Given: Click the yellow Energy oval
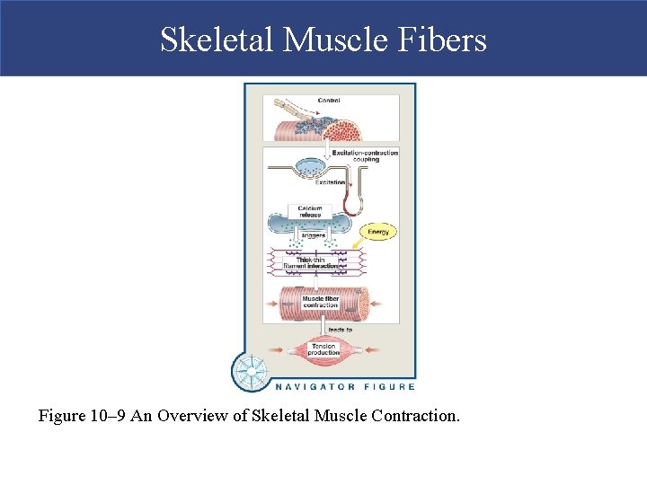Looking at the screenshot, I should coord(379,232).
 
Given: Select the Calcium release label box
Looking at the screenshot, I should coord(310,212).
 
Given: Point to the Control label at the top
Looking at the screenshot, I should coord(329,101).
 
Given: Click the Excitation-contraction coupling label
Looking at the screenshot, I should coord(365,155).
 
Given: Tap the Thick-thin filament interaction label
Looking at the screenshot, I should coord(310,263).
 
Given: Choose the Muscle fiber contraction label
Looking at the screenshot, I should coord(320,302).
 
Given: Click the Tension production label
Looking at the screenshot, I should coord(323,349).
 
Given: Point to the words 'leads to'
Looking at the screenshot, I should coord(340,330).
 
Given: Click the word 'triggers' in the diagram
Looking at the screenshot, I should coord(313,235).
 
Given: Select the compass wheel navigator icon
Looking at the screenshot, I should coord(251,371).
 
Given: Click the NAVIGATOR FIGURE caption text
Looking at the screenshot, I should coord(344,387).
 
